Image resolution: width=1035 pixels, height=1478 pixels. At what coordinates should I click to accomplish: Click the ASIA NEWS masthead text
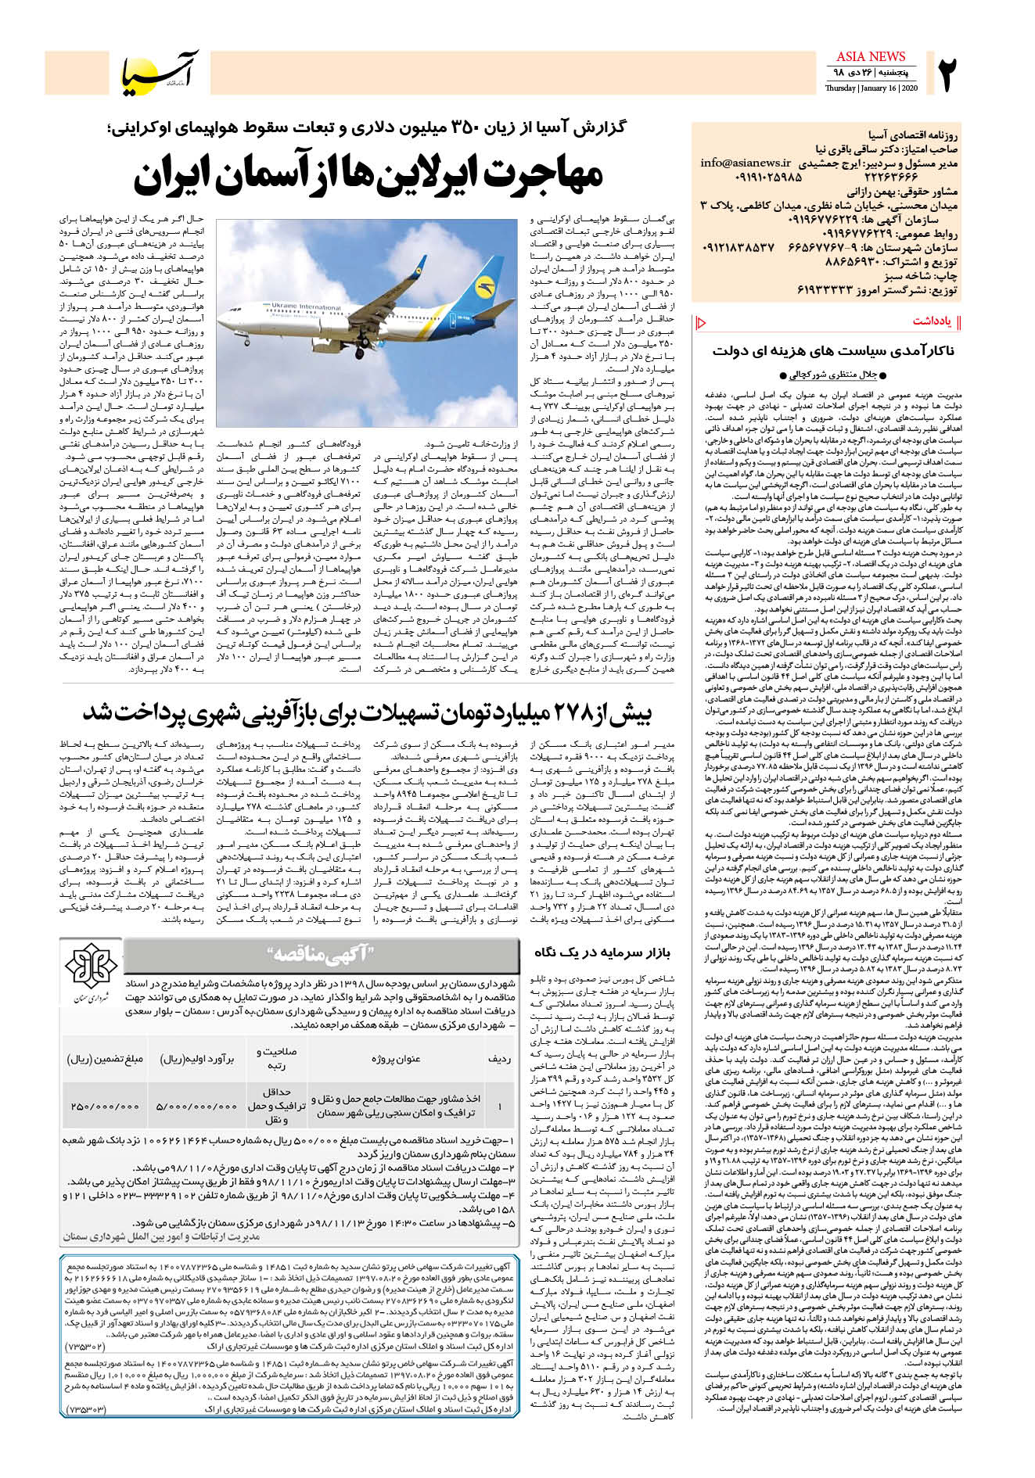point(870,56)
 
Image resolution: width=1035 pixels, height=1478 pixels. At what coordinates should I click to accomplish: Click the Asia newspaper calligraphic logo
point(160,73)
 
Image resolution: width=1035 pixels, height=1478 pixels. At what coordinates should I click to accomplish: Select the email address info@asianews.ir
point(746,163)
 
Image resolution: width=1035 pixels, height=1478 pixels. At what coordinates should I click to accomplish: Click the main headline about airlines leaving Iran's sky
point(368,175)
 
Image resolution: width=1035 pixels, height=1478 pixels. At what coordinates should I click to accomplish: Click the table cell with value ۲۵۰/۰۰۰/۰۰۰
point(106,1107)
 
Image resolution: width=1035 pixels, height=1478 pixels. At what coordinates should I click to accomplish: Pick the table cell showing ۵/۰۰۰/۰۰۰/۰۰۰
point(196,1107)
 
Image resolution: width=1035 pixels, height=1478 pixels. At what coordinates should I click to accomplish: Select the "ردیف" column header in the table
point(499,1059)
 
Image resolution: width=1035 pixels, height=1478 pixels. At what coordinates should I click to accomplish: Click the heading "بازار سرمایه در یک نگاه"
point(602,952)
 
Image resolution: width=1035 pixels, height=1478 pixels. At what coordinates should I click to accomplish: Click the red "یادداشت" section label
point(931,321)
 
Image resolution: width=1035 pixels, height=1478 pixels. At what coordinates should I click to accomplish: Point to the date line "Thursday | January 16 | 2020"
point(871,88)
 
